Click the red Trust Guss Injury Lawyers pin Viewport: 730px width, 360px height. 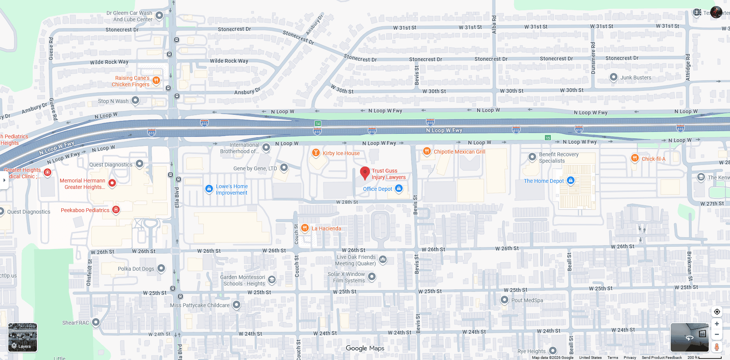(x=365, y=172)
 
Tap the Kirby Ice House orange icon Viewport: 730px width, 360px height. (x=316, y=153)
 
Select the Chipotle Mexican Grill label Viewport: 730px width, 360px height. (x=459, y=152)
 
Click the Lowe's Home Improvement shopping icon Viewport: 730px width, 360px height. (x=209, y=189)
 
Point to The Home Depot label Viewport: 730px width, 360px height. (x=544, y=181)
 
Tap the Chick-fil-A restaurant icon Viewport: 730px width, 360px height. (x=635, y=158)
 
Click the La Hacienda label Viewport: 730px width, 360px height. (x=326, y=228)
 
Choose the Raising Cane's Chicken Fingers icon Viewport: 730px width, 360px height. (x=156, y=80)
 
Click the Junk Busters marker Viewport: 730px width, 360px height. (x=613, y=77)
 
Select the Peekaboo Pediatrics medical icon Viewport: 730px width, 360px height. (x=116, y=209)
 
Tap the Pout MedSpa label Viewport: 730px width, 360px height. (x=527, y=300)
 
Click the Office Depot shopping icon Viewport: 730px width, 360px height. (x=398, y=188)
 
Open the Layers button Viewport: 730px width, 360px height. (x=23, y=337)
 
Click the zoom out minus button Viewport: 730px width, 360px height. (x=717, y=335)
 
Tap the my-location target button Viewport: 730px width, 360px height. (x=717, y=312)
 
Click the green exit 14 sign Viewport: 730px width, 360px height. (x=318, y=124)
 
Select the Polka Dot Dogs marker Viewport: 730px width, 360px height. (x=161, y=268)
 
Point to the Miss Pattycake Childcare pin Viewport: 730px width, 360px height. (x=236, y=304)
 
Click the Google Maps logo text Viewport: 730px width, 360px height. (x=365, y=348)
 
